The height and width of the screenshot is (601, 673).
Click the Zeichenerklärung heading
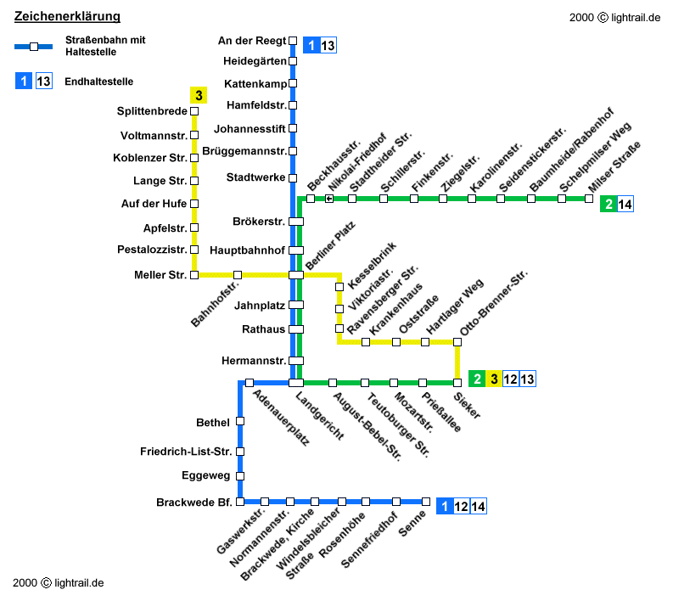[x=67, y=17]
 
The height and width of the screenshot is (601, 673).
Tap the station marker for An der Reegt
[x=293, y=40]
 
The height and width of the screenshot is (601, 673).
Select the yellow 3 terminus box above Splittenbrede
[x=199, y=95]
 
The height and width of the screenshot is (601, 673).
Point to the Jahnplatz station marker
[x=296, y=304]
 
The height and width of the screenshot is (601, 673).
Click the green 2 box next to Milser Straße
[x=608, y=204]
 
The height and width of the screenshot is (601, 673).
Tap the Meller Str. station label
[x=160, y=275]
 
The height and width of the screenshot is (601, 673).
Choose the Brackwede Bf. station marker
[x=240, y=502]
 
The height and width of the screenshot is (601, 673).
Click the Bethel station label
[x=213, y=422]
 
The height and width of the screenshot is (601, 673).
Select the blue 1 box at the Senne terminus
[x=445, y=507]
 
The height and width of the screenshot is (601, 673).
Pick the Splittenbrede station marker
[x=194, y=111]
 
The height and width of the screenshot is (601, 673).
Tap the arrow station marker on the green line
[x=328, y=199]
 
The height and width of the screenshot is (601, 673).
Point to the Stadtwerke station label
[x=255, y=177]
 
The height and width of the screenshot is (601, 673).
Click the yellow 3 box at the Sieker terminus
[x=494, y=379]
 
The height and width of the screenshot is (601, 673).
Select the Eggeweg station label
[x=207, y=475]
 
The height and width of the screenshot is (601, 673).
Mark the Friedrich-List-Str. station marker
[x=240, y=452]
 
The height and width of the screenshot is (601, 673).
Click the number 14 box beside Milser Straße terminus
[x=625, y=204]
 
